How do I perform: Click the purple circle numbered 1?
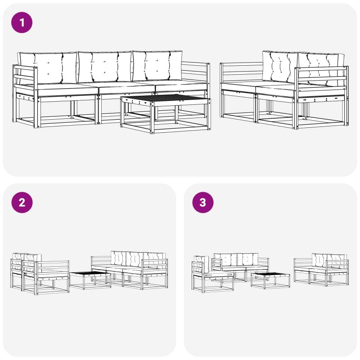(x=22, y=22)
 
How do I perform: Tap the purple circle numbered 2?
(x=22, y=202)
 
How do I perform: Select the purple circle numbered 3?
(x=203, y=202)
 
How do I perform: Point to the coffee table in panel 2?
(x=90, y=280)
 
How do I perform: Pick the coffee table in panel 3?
(x=270, y=280)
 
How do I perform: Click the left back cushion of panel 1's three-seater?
(x=48, y=68)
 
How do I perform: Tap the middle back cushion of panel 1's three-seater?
(x=105, y=67)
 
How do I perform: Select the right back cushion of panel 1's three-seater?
(x=157, y=66)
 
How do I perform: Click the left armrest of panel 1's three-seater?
(x=25, y=76)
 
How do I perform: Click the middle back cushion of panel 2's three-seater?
(x=135, y=259)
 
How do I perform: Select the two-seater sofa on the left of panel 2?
(x=40, y=274)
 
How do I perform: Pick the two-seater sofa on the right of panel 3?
(x=321, y=270)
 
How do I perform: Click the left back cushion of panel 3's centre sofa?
(x=225, y=260)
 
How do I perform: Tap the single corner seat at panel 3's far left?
(x=212, y=274)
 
